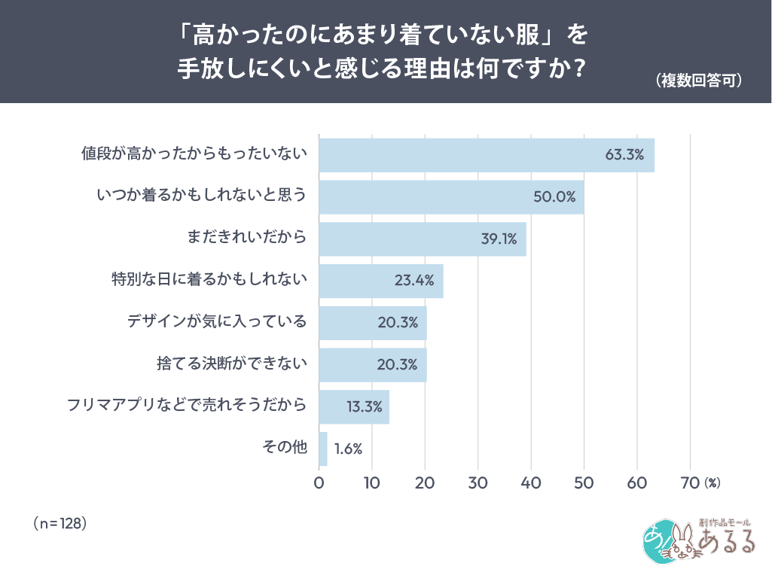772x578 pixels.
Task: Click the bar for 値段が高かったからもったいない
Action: (x=486, y=155)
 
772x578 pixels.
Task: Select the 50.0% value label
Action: (x=554, y=197)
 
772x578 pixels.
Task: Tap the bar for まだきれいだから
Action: (x=422, y=239)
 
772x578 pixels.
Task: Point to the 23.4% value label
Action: (x=413, y=281)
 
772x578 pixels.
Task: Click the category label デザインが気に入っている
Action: (x=217, y=323)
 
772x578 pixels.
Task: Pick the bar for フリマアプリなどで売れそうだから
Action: (x=353, y=406)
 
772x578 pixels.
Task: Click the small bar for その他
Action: (x=323, y=449)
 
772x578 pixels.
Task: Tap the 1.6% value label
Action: (x=348, y=449)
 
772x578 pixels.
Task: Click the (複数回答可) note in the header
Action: (x=698, y=81)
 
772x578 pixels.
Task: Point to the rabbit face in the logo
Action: (x=682, y=543)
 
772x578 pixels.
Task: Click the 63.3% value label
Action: (x=624, y=155)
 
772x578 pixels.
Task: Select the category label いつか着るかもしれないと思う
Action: (x=202, y=197)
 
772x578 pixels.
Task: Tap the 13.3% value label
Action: (x=364, y=407)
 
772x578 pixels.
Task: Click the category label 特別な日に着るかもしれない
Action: (x=209, y=281)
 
